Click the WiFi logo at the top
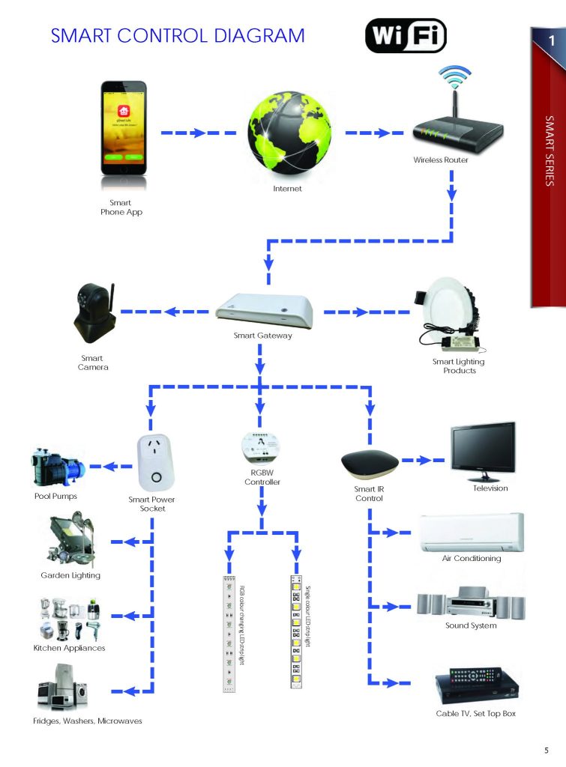point(405,36)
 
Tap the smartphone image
point(124,130)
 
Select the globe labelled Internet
point(289,132)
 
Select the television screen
point(482,450)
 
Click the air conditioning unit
point(472,533)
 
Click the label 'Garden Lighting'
point(70,575)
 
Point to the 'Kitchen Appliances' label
point(70,648)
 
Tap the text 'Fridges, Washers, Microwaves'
point(88,721)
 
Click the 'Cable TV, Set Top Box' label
point(475,713)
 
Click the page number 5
point(547,751)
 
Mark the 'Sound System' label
point(472,625)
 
